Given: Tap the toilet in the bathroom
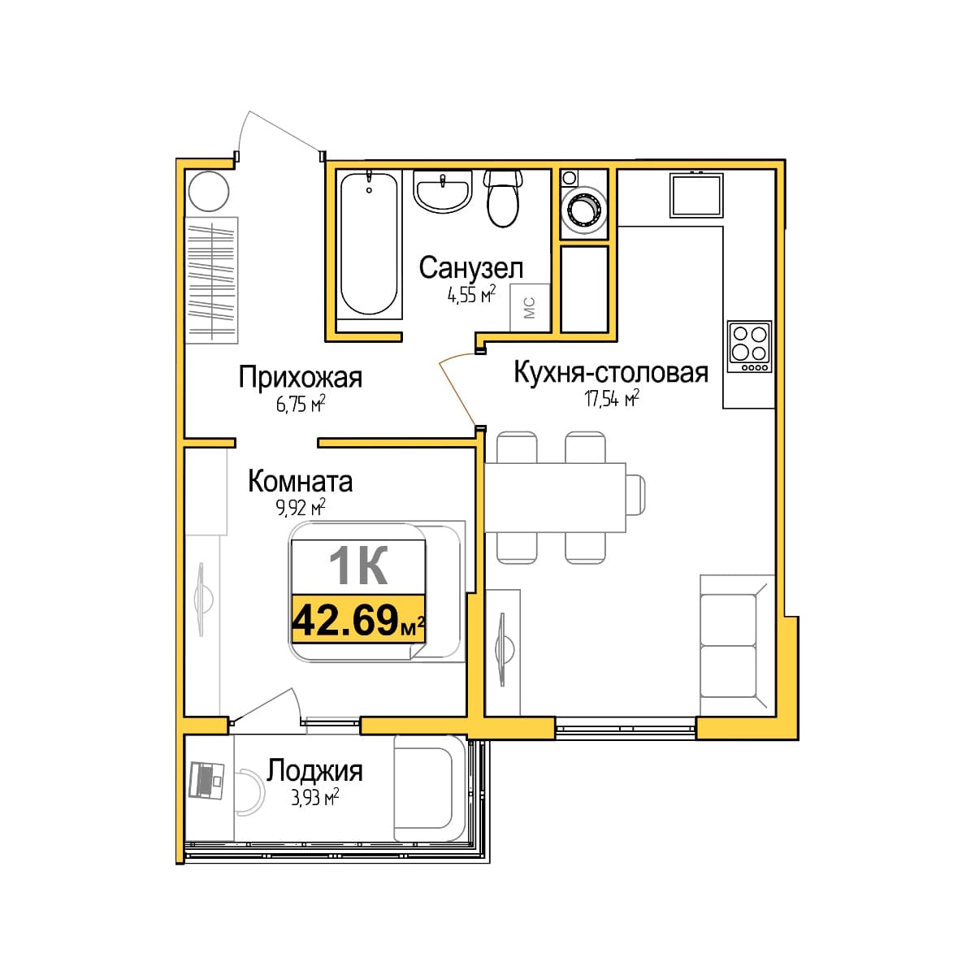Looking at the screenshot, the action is (502, 198).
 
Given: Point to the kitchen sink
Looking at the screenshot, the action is (696, 195).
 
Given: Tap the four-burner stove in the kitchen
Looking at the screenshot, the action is (749, 346).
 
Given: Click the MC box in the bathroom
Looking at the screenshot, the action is (529, 308).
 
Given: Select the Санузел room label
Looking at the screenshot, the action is (470, 267).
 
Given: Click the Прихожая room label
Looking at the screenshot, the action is (301, 378).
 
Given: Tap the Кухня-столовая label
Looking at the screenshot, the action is (611, 372).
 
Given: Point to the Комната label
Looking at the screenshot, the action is (300, 482).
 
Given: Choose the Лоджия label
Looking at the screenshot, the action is (314, 771).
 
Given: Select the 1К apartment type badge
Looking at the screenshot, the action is (358, 565).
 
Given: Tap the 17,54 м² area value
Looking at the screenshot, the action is (612, 399).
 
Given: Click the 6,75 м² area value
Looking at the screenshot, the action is (300, 405).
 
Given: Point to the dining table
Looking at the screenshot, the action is (555, 497).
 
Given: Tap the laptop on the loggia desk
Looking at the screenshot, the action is (206, 781).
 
